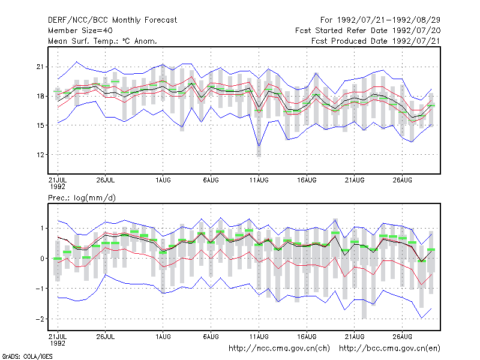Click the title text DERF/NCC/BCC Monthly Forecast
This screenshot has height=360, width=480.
pos(112,20)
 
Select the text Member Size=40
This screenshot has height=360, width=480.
pos(80,31)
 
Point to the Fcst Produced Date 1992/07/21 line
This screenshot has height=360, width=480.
pos(376,41)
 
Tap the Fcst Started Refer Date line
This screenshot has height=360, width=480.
pos(368,31)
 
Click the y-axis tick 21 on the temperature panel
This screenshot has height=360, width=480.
pos(40,67)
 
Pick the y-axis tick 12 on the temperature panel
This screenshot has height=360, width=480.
pos(40,155)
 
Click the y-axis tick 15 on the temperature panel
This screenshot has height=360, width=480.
pos(40,125)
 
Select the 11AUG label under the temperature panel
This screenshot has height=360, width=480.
pos(259,180)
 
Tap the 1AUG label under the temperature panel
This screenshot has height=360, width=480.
pos(163,180)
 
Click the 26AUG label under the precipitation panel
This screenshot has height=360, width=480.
pos(402,337)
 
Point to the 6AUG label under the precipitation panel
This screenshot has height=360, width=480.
pos(211,337)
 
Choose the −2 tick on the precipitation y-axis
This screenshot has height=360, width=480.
pos(40,319)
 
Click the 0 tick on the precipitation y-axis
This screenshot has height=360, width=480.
pos(42,259)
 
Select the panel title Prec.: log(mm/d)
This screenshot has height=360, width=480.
pos(82,198)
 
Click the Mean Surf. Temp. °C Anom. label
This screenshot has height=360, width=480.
pos(103,41)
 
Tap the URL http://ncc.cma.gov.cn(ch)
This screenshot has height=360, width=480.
pos(279,349)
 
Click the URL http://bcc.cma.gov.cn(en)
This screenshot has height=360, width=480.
pos(389,349)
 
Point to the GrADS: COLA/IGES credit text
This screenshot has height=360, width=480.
pos(28,356)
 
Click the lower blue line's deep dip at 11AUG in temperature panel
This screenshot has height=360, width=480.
pos(259,146)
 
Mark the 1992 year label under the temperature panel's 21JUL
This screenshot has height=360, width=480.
pos(58,187)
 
